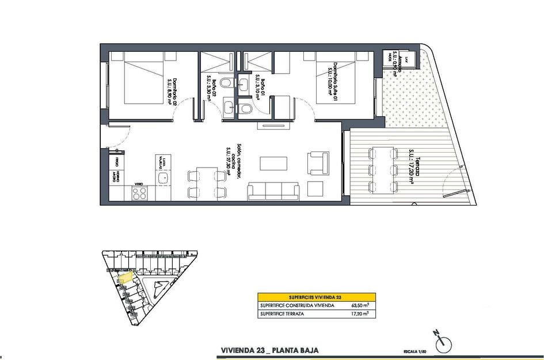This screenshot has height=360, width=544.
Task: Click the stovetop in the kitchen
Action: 139,193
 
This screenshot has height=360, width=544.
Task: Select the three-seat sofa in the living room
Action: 273,191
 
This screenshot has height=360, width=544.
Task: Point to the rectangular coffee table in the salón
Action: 273,164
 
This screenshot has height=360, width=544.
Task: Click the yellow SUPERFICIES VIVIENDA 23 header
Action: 316,297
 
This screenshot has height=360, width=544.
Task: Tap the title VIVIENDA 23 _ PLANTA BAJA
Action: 269,350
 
